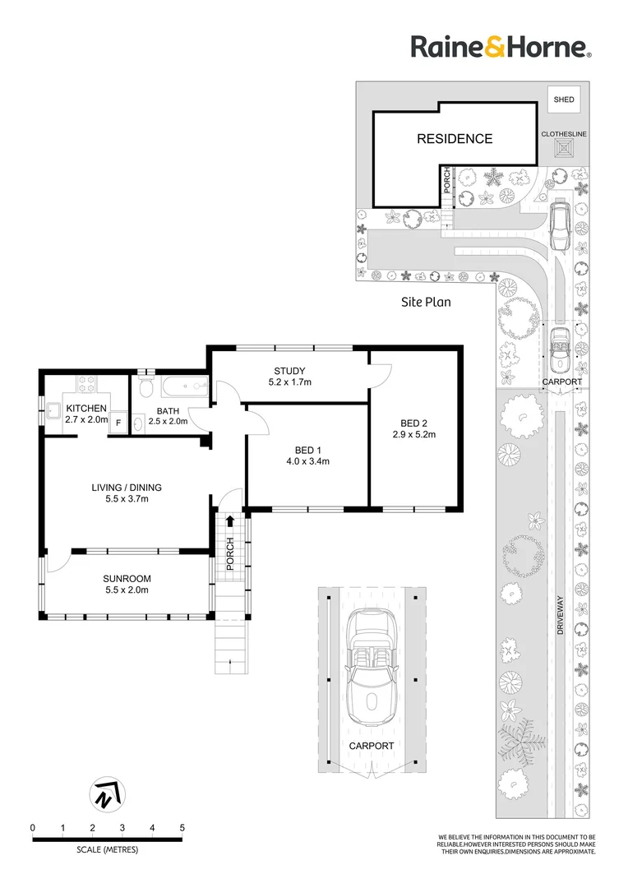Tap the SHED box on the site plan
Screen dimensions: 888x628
click(563, 100)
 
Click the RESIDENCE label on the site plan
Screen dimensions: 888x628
click(454, 139)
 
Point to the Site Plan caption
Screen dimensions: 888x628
click(426, 302)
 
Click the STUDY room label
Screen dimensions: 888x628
click(289, 369)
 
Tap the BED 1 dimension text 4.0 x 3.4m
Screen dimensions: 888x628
click(307, 461)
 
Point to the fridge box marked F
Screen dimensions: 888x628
click(118, 423)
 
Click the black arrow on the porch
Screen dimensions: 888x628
click(230, 520)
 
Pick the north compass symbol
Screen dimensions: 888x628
click(104, 795)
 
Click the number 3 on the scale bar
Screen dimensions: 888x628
click(122, 827)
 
